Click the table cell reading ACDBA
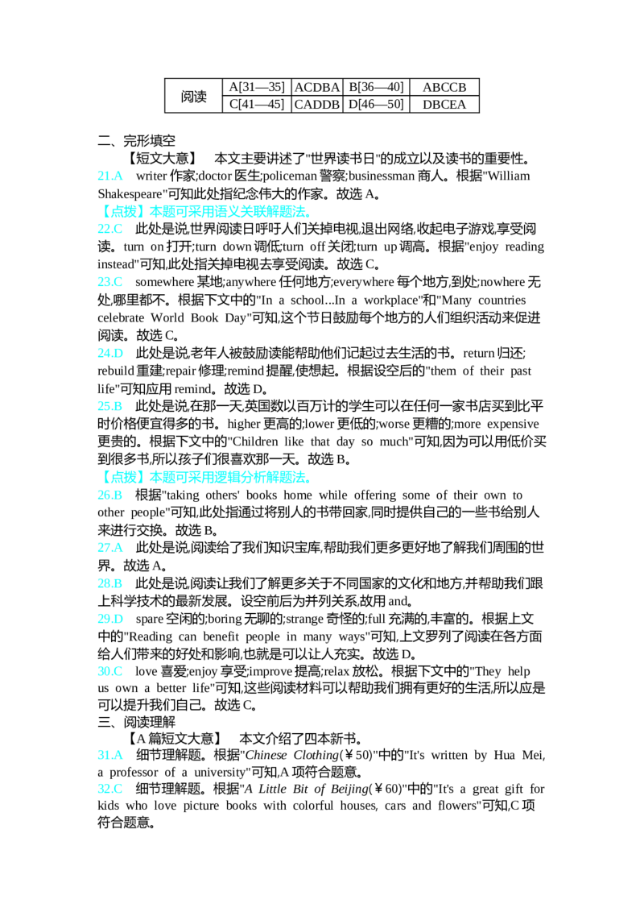pos(317,87)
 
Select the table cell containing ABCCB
pos(444,87)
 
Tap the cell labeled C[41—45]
pos(256,105)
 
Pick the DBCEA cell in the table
pos(444,105)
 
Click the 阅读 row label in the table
pos(193,96)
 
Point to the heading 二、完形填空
pos(137,141)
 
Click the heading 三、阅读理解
pos(137,723)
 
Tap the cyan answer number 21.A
pos(109,176)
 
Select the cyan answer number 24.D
pos(109,353)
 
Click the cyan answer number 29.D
pos(109,618)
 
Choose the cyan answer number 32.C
pos(109,789)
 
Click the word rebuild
pos(117,371)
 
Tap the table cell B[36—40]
pos(376,87)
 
